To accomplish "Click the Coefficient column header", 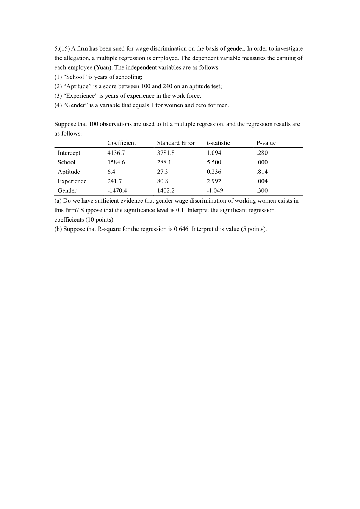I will point(121,143).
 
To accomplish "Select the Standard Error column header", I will point(176,143).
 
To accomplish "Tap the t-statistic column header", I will point(218,143).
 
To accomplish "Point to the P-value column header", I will point(266,143).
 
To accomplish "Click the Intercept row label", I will point(69,153).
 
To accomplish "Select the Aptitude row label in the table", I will point(69,172).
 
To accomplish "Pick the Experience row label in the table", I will point(72,181).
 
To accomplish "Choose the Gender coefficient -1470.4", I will point(117,191).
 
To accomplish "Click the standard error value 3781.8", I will point(166,153).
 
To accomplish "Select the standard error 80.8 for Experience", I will point(163,181).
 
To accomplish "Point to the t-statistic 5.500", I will point(214,162).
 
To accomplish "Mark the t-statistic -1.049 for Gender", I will point(215,191).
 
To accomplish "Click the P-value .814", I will point(262,172).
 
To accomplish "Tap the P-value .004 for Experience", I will point(262,181).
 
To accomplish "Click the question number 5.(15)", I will point(62,49).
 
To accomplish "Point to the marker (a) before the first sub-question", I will point(58,201).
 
